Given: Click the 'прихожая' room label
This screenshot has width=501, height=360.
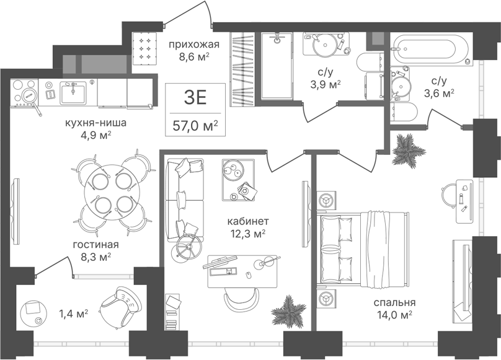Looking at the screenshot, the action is point(194,45).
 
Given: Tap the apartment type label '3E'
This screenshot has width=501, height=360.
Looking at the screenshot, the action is point(195,97).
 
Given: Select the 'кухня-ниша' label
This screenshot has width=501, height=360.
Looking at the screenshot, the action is point(96,123).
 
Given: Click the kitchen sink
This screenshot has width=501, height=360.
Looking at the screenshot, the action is point(73,92).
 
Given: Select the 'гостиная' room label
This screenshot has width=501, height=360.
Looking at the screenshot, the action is point(96,245).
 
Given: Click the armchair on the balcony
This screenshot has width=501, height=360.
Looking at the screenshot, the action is point(121,305).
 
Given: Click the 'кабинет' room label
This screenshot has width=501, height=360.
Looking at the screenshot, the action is point(248,221).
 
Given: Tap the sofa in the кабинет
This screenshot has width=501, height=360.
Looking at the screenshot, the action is point(185,200).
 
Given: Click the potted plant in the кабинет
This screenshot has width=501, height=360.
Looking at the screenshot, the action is point(288,312).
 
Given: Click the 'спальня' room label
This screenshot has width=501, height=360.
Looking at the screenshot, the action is point(394,302).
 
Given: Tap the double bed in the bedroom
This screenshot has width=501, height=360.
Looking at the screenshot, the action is point(363,248).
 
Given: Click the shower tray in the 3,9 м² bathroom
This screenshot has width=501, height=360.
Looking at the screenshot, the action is point(277,66).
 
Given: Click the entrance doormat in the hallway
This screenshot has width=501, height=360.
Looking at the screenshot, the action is point(145,48).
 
